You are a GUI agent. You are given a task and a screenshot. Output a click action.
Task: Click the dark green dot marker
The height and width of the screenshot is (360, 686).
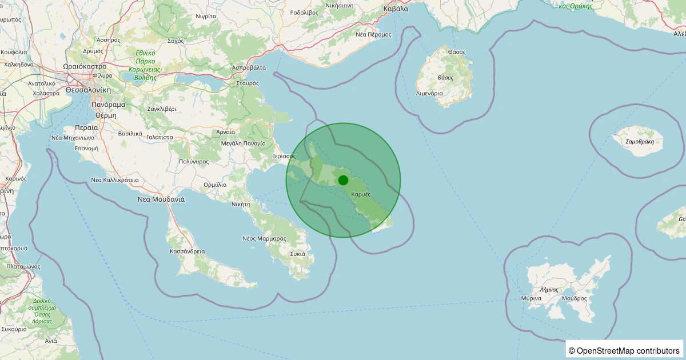(343, 180)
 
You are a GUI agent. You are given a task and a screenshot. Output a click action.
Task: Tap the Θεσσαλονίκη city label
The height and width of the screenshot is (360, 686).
(87, 90)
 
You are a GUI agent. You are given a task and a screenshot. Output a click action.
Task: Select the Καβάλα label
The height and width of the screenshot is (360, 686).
(396, 9)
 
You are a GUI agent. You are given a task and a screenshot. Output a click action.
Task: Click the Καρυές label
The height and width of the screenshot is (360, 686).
(361, 194)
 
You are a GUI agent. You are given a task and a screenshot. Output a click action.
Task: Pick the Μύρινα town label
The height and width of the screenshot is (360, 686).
(531, 298)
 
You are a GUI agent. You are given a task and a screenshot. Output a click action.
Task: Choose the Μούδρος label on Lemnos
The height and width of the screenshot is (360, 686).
(574, 298)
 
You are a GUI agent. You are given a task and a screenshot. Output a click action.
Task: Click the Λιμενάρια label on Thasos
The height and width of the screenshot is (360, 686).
(429, 93)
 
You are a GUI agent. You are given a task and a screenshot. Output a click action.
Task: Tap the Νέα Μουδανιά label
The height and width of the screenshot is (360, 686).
(161, 199)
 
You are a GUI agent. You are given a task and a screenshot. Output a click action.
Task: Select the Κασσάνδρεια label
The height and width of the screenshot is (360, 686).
(188, 251)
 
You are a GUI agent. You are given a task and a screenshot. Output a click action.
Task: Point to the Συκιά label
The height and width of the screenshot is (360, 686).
(298, 254)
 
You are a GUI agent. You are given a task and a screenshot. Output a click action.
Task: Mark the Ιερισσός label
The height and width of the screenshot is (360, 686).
(284, 155)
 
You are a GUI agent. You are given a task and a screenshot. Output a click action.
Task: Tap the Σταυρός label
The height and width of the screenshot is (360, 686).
(248, 83)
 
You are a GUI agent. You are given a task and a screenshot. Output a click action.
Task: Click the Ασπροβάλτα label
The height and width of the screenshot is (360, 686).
(249, 67)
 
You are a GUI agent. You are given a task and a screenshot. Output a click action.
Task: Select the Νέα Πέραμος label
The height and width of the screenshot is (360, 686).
(373, 34)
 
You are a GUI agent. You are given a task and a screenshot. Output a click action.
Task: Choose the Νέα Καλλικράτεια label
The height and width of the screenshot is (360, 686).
(115, 179)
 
